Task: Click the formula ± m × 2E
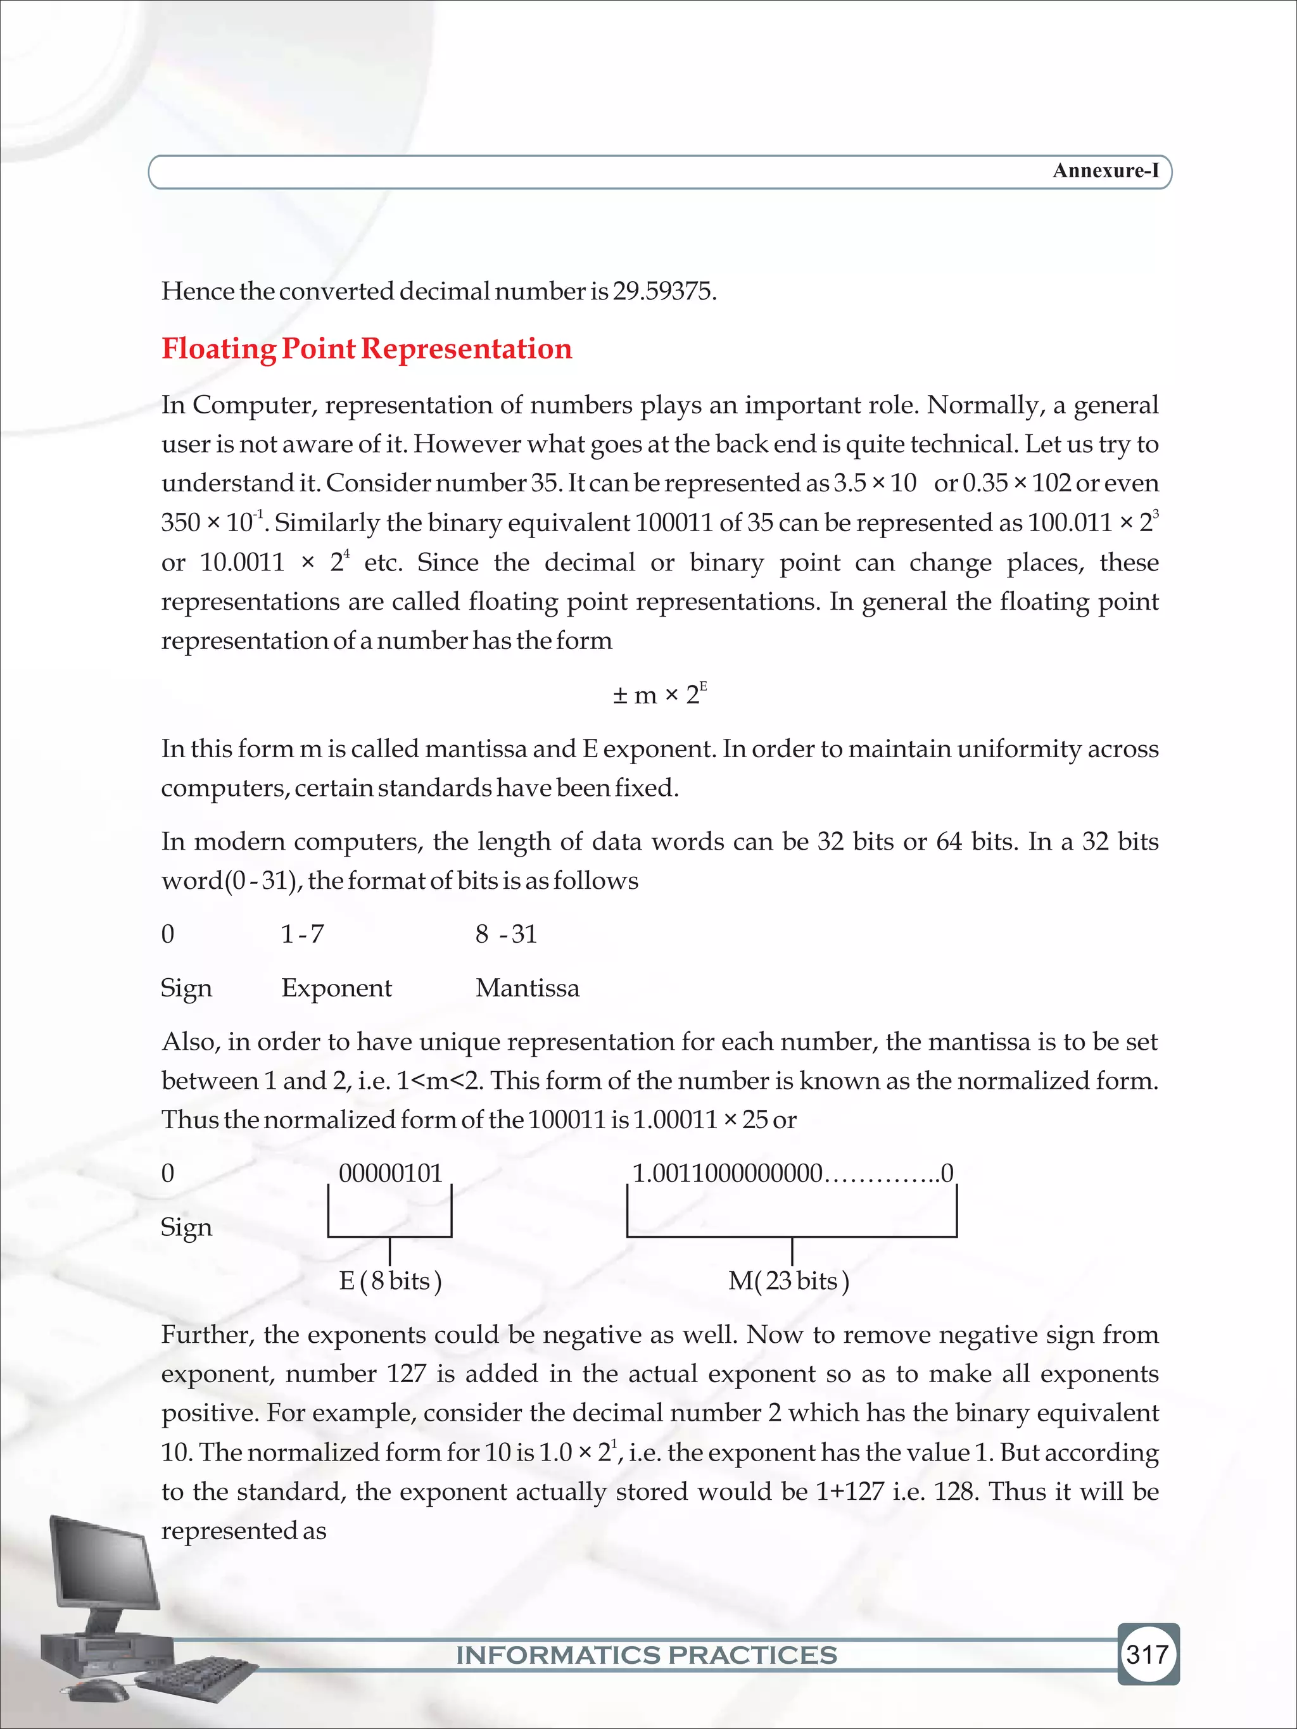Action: (659, 694)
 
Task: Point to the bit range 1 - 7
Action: (303, 934)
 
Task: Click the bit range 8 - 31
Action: (506, 934)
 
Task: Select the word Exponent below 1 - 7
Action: (336, 988)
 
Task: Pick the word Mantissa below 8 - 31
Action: (527, 988)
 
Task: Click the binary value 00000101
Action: (390, 1173)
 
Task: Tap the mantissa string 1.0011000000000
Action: (727, 1173)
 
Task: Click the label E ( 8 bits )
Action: (390, 1281)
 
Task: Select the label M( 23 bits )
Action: (788, 1281)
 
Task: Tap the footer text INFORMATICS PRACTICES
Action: (647, 1655)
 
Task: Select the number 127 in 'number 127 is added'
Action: (407, 1374)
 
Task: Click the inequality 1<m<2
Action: (440, 1081)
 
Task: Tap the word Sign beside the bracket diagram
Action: (186, 1227)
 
